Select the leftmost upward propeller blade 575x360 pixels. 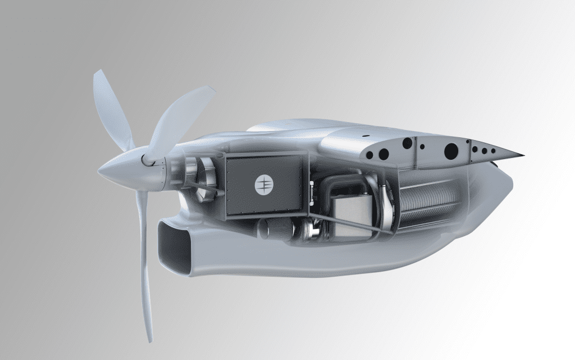click(111, 110)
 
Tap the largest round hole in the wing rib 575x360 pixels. click(451, 151)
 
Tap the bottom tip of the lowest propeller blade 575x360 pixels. click(150, 340)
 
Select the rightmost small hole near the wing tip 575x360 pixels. click(493, 151)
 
